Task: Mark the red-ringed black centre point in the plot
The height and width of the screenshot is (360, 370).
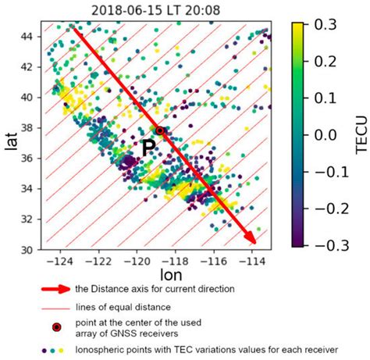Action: pyautogui.click(x=160, y=130)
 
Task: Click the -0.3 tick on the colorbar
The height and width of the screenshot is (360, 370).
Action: pyautogui.click(x=320, y=244)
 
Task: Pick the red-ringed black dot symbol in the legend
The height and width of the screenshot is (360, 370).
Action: pyautogui.click(x=55, y=329)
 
